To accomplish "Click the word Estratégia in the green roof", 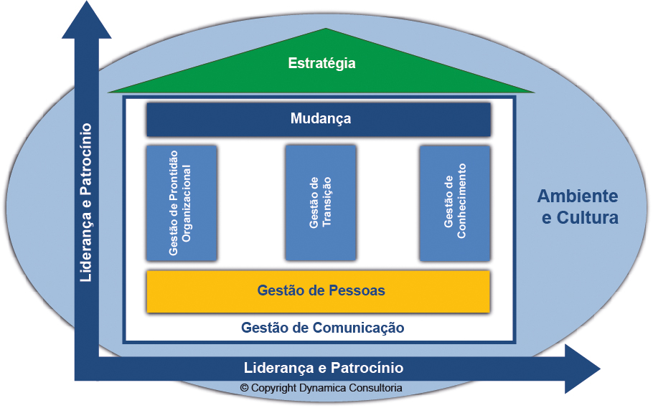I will tap(321, 64).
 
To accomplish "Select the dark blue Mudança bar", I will tap(319, 119).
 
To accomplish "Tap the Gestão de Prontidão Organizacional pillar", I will tap(181, 204).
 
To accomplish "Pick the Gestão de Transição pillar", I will tap(320, 203).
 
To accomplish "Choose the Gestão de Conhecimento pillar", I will tap(454, 203).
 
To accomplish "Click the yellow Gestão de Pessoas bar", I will tap(319, 291).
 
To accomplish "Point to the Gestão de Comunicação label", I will tap(322, 328).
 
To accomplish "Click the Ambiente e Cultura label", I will tap(578, 207).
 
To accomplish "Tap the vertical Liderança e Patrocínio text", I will tap(86, 202).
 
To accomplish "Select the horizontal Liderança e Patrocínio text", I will tap(324, 368).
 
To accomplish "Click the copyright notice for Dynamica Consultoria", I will tap(321, 388).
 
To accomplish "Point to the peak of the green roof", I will tap(326, 30).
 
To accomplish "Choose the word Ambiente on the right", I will tap(578, 196).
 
